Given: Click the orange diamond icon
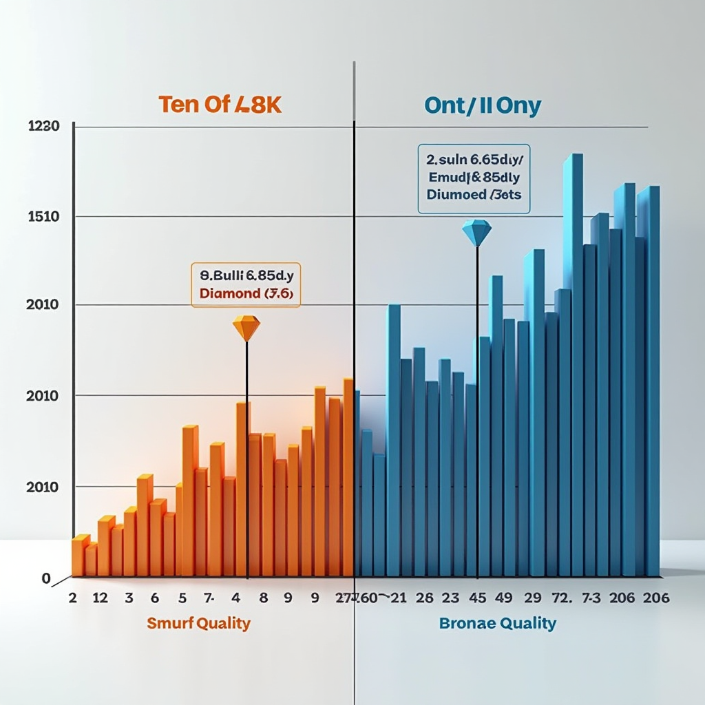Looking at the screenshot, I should pos(246,327).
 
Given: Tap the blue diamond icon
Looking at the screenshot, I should pos(476,233).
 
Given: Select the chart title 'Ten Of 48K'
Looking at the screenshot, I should pos(221,105).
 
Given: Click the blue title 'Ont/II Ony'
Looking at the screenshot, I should pos(483,106).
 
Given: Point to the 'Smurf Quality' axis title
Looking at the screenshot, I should pos(198,624).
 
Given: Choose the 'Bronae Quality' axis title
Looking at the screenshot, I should pos(497,624).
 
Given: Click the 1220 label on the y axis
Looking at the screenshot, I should pos(43,126).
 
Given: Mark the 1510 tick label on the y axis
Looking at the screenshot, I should pos(43,217).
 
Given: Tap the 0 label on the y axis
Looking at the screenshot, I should pos(46,579).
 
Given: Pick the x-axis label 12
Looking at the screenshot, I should pos(100,598).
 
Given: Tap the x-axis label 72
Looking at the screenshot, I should pos(562,598).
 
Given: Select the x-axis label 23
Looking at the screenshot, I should pos(450,598).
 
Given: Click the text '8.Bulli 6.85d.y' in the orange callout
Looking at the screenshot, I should pos(246,275).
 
